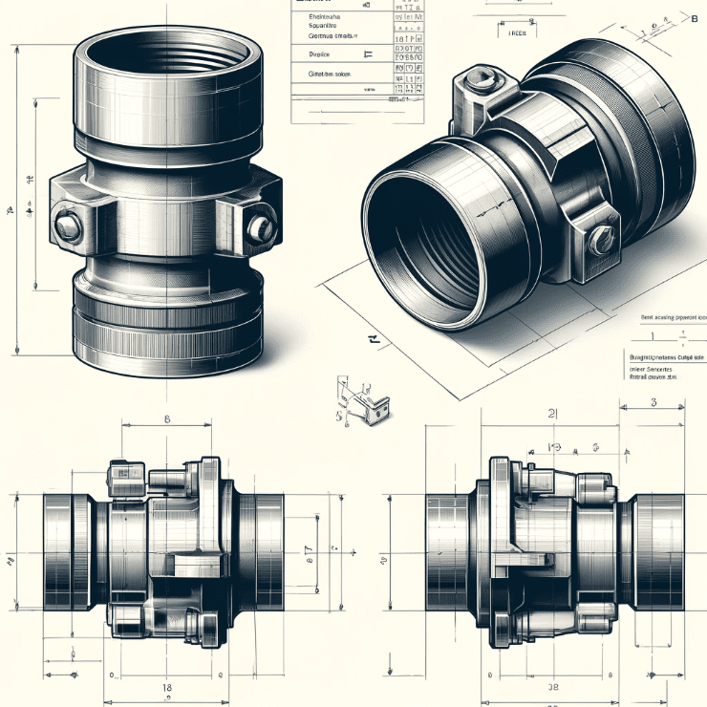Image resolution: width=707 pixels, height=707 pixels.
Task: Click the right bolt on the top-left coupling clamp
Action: tap(259, 227)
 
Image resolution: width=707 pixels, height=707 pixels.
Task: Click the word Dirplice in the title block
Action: tap(326, 54)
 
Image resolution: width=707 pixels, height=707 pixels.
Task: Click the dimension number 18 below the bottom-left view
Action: tap(166, 686)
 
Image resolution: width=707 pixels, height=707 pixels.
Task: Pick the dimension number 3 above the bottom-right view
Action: tap(654, 402)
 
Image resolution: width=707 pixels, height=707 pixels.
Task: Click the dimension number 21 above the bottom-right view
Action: tap(552, 413)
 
